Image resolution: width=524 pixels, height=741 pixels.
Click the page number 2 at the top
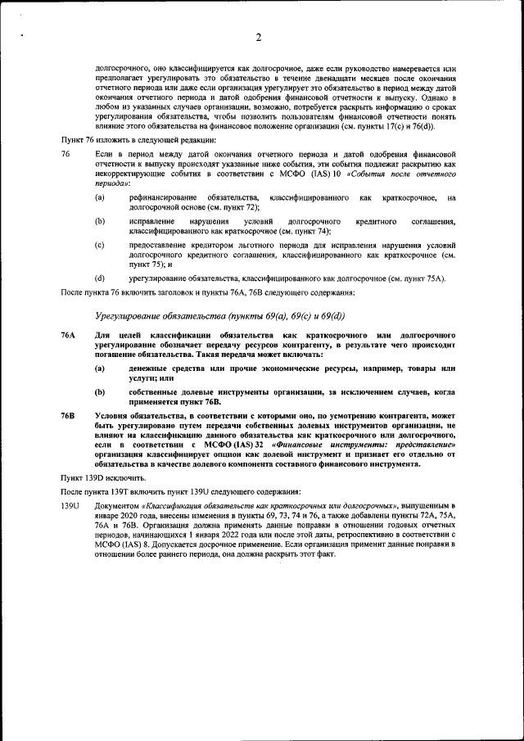(258, 37)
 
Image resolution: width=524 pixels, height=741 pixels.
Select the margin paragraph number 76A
(69, 336)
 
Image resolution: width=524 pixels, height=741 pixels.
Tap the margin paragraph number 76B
(69, 417)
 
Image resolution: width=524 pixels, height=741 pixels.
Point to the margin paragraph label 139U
(70, 508)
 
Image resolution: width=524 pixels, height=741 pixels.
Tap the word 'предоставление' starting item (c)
(156, 245)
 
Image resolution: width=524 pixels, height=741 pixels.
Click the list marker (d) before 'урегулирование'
(99, 278)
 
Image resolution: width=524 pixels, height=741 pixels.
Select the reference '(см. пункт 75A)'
(418, 278)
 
